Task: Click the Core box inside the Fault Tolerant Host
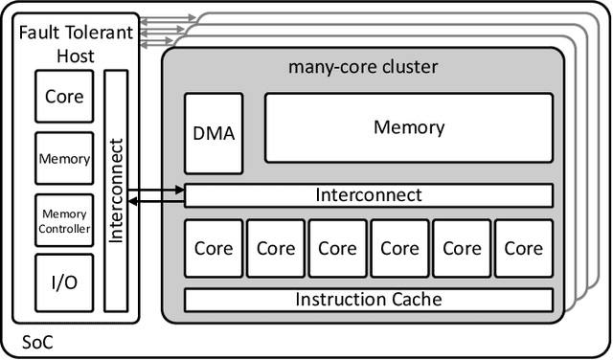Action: (64, 97)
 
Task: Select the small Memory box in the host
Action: (64, 160)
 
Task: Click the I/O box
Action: (64, 281)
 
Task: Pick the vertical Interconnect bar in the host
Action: (115, 191)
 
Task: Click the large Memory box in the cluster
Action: (408, 127)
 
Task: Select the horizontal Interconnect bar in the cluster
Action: (368, 195)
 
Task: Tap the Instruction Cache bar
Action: (368, 300)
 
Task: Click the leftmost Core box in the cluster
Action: (213, 248)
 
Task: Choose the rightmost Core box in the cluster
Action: (523, 248)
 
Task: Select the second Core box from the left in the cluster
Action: (275, 248)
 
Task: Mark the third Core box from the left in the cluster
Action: (337, 248)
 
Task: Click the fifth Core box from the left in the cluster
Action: (461, 248)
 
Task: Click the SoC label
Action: (34, 341)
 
